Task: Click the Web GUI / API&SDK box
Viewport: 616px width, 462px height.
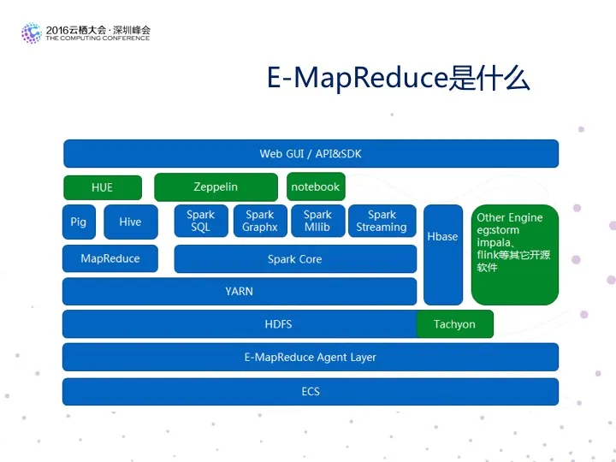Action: click(x=311, y=154)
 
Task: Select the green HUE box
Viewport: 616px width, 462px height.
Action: click(x=102, y=187)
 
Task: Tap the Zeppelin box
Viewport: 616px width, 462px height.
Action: click(x=216, y=187)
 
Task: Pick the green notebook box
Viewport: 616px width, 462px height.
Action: click(x=315, y=187)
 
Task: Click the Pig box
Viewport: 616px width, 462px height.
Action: click(x=79, y=222)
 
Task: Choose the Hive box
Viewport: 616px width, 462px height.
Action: click(x=130, y=222)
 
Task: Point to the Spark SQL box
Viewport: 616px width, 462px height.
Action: click(x=200, y=221)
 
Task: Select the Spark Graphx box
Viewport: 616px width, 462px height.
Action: click(x=260, y=221)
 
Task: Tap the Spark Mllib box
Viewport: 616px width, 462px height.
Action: click(x=317, y=221)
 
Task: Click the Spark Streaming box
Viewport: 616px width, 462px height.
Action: click(x=382, y=221)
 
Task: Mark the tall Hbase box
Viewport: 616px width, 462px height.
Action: click(x=442, y=254)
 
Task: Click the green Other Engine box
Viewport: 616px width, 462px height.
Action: click(x=514, y=254)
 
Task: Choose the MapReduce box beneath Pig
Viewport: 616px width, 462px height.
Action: click(x=110, y=258)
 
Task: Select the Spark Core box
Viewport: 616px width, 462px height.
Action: click(x=295, y=259)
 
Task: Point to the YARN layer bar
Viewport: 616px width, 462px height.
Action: click(x=240, y=291)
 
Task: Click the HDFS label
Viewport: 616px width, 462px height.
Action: click(x=278, y=324)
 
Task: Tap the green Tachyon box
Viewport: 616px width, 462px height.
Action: click(x=454, y=324)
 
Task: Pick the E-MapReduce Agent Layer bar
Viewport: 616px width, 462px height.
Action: click(x=311, y=357)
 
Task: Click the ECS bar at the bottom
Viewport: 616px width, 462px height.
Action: click(x=311, y=391)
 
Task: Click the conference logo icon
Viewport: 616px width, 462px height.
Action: click(x=31, y=33)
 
